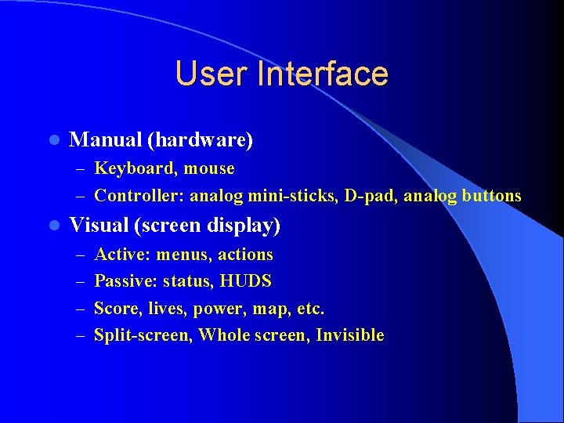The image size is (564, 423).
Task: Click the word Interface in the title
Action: tap(326, 74)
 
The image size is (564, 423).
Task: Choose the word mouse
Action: tap(209, 168)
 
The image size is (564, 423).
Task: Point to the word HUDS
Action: tap(246, 281)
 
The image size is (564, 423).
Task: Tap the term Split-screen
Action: tap(143, 335)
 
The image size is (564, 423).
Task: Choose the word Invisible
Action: tap(350, 335)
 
